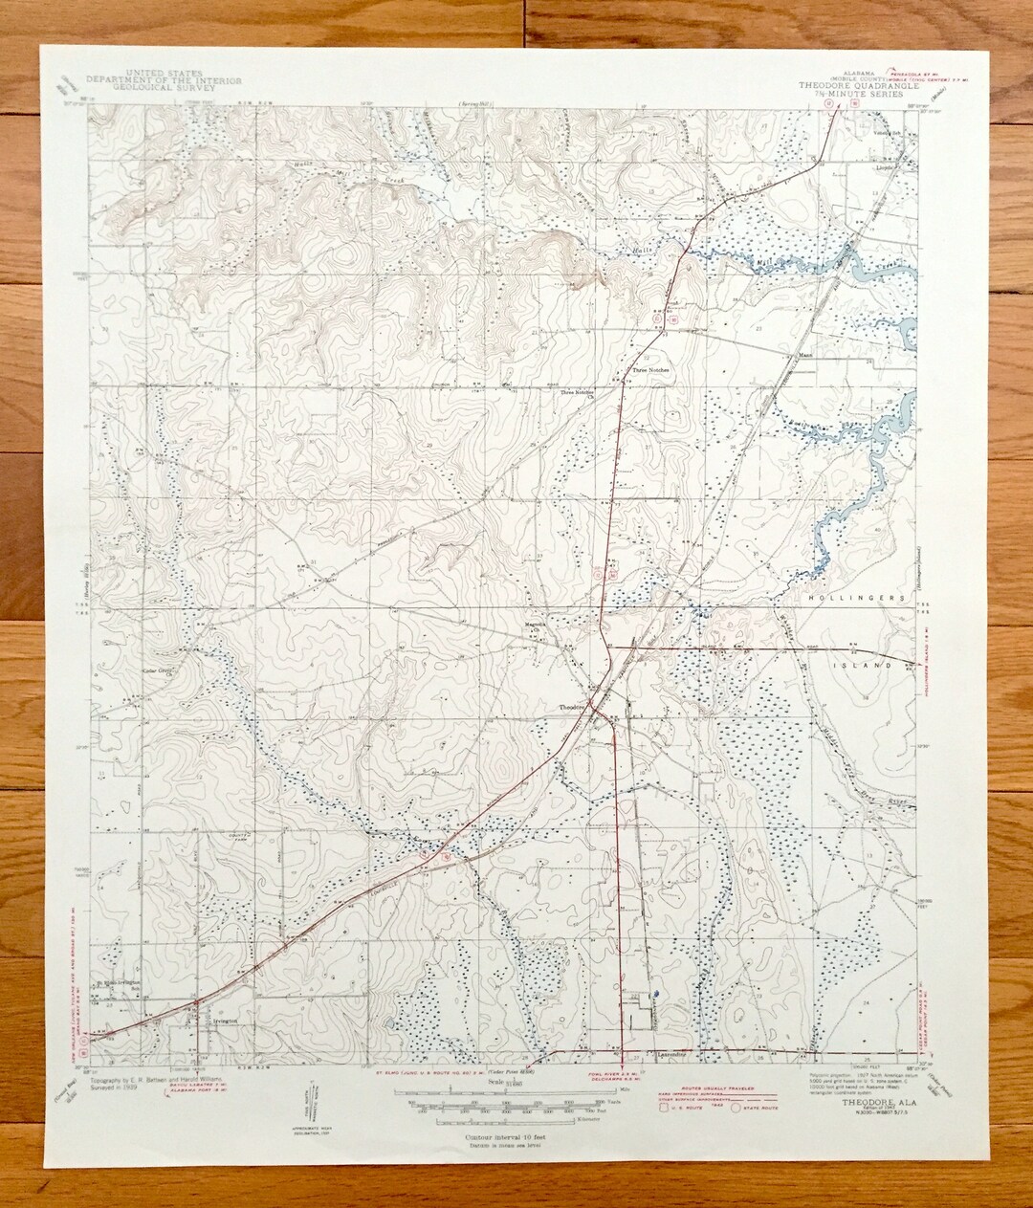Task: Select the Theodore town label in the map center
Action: click(x=572, y=707)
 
